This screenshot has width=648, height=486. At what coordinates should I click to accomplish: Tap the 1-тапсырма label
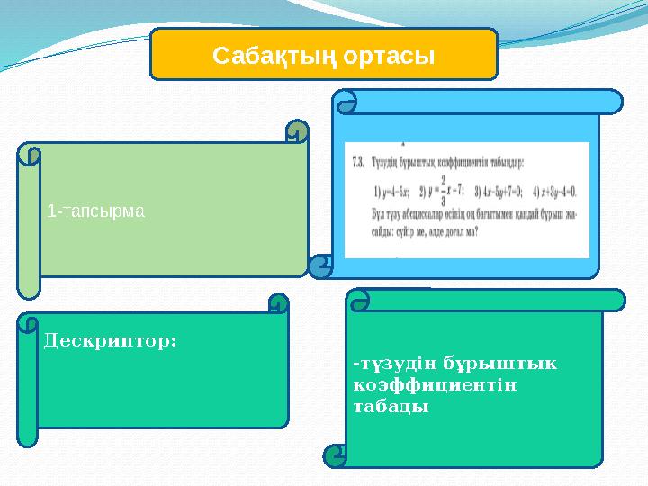pos(95,211)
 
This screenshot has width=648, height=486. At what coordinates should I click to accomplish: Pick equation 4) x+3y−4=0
pos(556,192)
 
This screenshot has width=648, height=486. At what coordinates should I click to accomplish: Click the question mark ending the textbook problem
pos(476,229)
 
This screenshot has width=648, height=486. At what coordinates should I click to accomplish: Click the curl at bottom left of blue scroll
pos(320,266)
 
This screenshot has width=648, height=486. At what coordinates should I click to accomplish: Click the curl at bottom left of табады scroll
pos(336,455)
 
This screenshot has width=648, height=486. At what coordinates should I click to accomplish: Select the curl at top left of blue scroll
pos(346,101)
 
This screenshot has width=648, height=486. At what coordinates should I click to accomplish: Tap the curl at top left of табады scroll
pos(358,301)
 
